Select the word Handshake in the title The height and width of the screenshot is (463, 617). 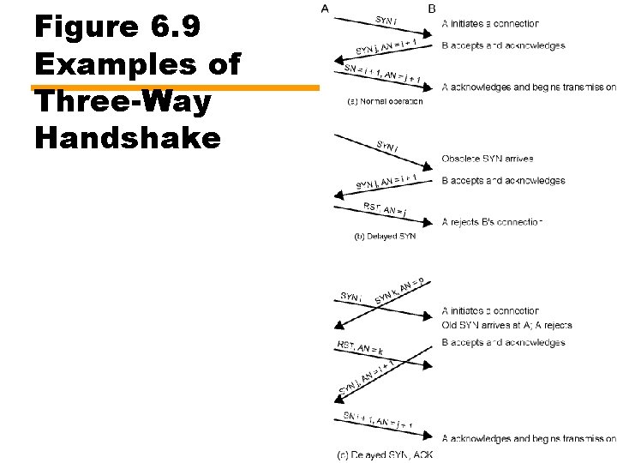coord(128,136)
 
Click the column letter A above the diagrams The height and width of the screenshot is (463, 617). coord(324,9)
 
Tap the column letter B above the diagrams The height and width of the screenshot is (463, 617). coord(431,9)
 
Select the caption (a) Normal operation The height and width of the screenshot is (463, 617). coord(384,101)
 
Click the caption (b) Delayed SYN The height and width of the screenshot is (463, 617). coord(385,237)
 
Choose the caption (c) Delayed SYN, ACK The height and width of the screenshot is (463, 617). coord(385,454)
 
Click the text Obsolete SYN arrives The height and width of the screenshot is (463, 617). coord(488,159)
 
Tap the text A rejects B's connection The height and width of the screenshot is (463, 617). coord(493,222)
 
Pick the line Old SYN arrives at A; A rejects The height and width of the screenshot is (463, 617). coord(506,325)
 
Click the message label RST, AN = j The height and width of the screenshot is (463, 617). coord(384,208)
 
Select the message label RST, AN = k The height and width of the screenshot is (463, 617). coord(360,347)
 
